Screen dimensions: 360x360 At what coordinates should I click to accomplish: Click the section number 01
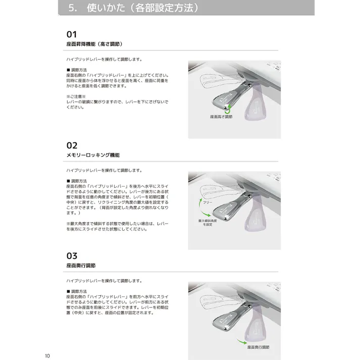72,34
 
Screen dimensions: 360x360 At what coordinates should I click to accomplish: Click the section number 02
72,145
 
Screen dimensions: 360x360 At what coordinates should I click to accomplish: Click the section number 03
72,255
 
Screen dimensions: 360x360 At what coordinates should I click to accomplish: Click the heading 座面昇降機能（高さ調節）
95,44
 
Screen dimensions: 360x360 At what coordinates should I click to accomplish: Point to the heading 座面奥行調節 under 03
81,265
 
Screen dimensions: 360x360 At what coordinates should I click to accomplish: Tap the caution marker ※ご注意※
76,96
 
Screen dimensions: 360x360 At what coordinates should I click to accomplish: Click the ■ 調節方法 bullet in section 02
77,180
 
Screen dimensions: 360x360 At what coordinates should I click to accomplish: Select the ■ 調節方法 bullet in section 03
77,291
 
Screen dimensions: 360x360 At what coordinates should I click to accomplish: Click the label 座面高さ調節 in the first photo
221,117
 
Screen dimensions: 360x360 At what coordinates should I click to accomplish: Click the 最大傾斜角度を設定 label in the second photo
208,223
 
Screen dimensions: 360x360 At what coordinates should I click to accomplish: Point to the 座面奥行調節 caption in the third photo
259,347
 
